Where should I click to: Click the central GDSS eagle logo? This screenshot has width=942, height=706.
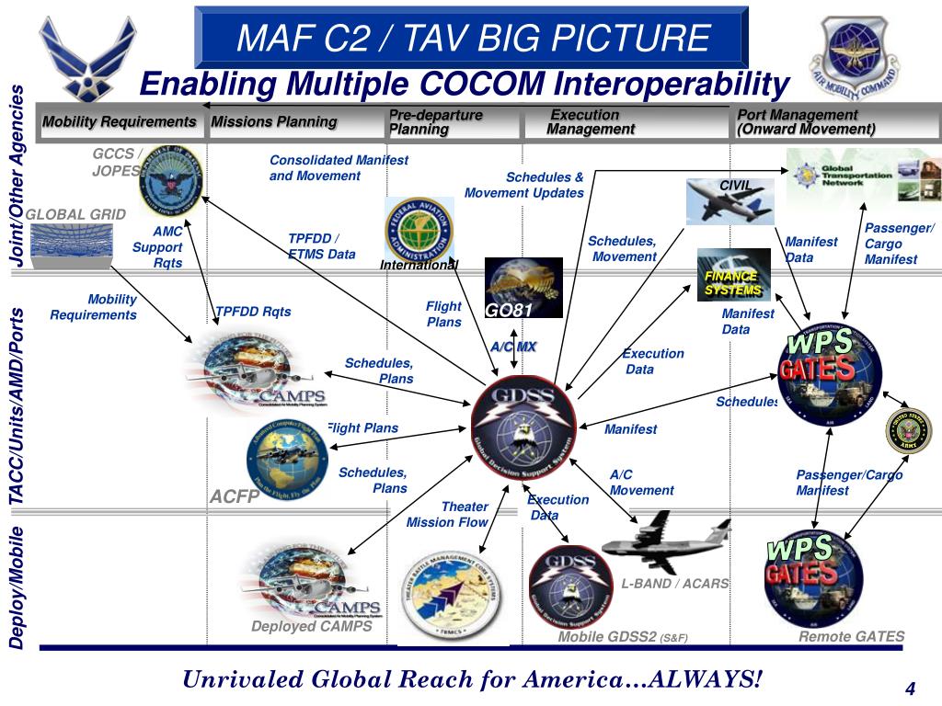pyautogui.click(x=524, y=426)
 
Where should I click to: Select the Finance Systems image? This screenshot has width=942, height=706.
pyautogui.click(x=733, y=274)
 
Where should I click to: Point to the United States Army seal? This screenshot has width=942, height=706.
pyautogui.click(x=908, y=431)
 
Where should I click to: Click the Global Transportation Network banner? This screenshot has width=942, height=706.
pyautogui.click(x=863, y=177)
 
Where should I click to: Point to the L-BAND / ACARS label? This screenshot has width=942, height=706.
pyautogui.click(x=674, y=584)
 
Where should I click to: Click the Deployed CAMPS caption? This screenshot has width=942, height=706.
pyautogui.click(x=312, y=626)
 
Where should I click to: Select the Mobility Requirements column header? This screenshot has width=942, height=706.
pyautogui.click(x=120, y=122)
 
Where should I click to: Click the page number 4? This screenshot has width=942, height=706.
pyautogui.click(x=910, y=690)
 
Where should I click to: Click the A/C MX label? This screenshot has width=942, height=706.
pyautogui.click(x=512, y=347)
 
